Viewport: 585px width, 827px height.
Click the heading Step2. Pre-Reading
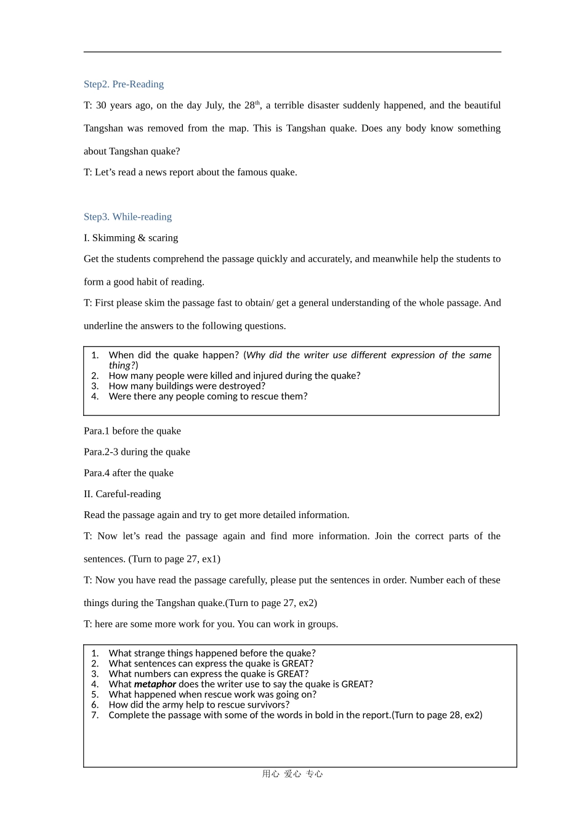(x=123, y=84)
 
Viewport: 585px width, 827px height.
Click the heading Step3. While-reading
(x=127, y=217)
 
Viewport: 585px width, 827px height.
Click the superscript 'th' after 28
(x=257, y=103)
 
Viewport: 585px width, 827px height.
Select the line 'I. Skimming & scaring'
(x=131, y=238)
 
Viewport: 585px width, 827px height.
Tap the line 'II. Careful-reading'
(x=122, y=493)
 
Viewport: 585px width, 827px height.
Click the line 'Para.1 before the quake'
(x=132, y=431)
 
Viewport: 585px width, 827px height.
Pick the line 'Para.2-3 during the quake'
(x=137, y=452)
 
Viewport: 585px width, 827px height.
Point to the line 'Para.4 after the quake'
(x=128, y=473)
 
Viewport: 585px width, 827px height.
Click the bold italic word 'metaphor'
(x=155, y=684)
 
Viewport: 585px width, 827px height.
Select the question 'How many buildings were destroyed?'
(x=187, y=386)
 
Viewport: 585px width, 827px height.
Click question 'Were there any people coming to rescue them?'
(x=208, y=396)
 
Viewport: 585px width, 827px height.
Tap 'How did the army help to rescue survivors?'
(x=198, y=705)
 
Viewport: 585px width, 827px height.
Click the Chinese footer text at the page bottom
(x=292, y=774)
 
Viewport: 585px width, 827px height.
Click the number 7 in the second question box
(x=95, y=715)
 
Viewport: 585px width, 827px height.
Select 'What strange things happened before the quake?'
(x=212, y=653)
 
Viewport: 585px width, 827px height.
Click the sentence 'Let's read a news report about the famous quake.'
(x=196, y=172)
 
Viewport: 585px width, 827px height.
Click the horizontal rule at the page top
(x=292, y=52)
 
